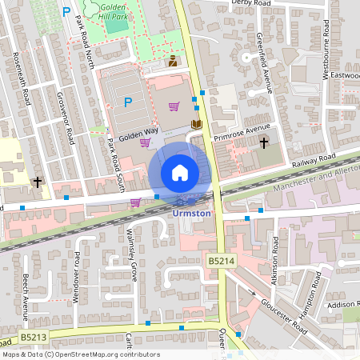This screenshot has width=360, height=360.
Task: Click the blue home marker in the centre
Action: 180,173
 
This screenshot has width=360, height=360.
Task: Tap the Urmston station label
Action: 192,213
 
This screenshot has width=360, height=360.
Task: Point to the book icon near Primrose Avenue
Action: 196,124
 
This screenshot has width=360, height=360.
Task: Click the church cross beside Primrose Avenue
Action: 264,142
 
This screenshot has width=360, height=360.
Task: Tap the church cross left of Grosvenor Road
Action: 37,182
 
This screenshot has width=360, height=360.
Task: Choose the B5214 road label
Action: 222,260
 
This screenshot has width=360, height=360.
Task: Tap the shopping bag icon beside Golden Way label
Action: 145,142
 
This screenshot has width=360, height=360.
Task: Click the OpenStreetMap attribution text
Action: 80,354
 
